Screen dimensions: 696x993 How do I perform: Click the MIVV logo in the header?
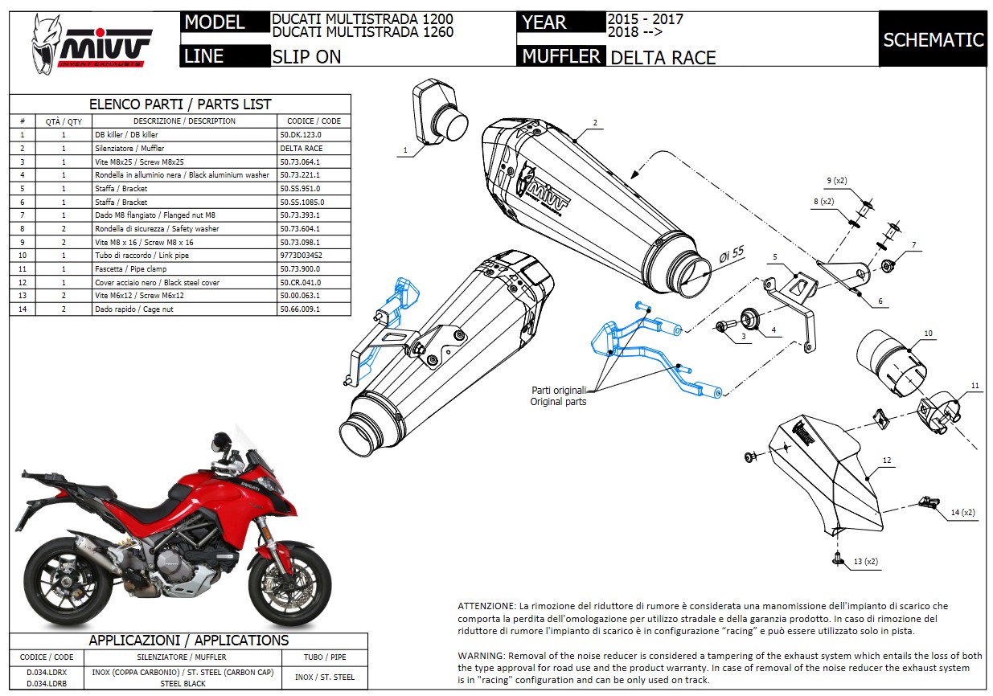tap(91, 43)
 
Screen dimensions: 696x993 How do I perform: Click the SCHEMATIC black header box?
tap(933, 39)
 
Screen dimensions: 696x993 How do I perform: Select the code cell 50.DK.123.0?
tap(302, 135)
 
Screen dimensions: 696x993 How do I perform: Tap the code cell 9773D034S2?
tap(301, 256)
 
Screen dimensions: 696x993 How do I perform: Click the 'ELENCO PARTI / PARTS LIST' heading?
tap(180, 104)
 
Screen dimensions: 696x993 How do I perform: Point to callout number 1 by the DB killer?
tap(405, 149)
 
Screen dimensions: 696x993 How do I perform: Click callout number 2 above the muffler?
tap(595, 123)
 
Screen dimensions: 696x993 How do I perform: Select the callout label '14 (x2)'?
tap(962, 512)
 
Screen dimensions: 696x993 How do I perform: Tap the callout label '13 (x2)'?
tap(865, 561)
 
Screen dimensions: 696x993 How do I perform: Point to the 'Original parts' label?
tap(558, 401)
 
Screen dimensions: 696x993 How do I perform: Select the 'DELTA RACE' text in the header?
tap(663, 57)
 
